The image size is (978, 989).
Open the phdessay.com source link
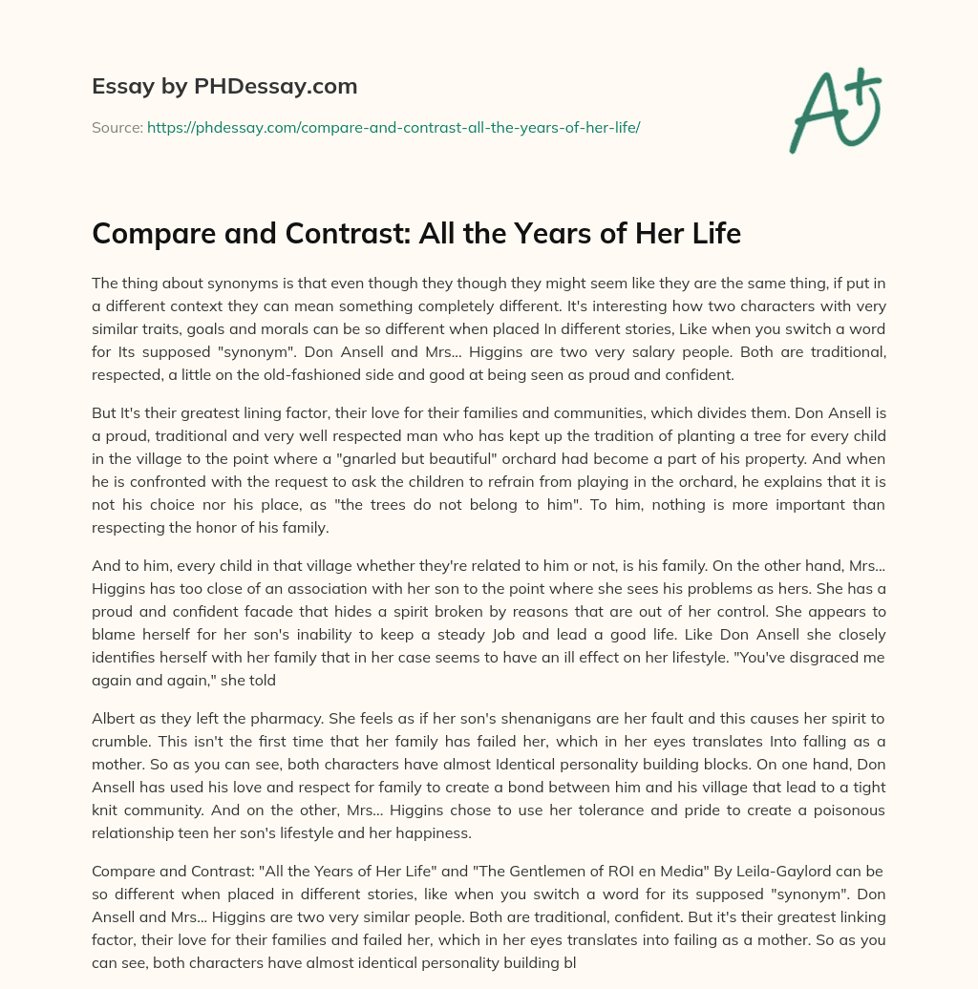point(393,127)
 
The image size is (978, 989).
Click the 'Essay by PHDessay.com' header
point(224,87)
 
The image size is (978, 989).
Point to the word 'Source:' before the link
point(117,127)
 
